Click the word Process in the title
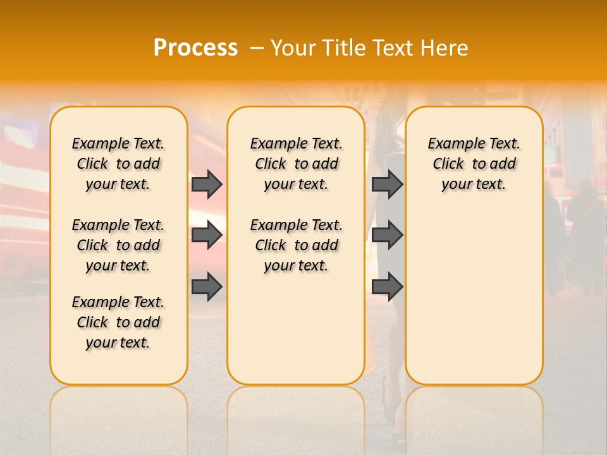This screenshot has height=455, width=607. [x=195, y=48]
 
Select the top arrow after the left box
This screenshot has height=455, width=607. [x=207, y=184]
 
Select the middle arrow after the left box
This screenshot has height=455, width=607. [x=207, y=235]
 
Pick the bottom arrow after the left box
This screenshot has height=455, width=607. [x=207, y=287]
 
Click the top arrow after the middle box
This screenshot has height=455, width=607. [x=387, y=184]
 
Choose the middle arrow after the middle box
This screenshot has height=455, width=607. [x=387, y=235]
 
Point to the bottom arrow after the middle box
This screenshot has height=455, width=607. [x=387, y=287]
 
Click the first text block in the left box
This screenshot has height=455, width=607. [x=118, y=164]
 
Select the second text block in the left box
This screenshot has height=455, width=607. [x=118, y=245]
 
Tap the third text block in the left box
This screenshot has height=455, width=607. [x=118, y=322]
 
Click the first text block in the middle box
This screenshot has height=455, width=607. [x=296, y=164]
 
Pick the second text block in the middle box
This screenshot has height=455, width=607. [x=296, y=245]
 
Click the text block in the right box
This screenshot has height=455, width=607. [x=474, y=164]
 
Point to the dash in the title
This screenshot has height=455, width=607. [x=257, y=48]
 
